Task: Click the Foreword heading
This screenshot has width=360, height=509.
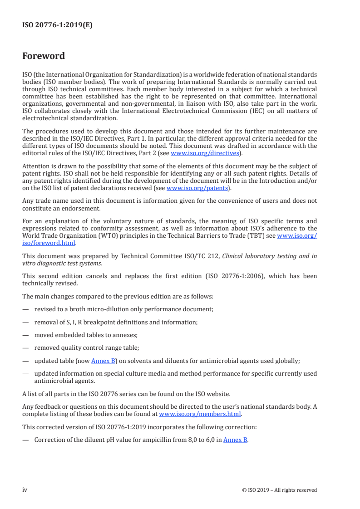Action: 44,56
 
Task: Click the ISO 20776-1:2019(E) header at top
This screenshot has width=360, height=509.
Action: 57,25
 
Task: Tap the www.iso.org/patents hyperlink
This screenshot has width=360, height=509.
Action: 197,188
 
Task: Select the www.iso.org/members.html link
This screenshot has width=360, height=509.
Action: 200,414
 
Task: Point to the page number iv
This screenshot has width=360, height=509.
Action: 25,489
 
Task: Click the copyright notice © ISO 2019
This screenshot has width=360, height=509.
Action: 280,490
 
